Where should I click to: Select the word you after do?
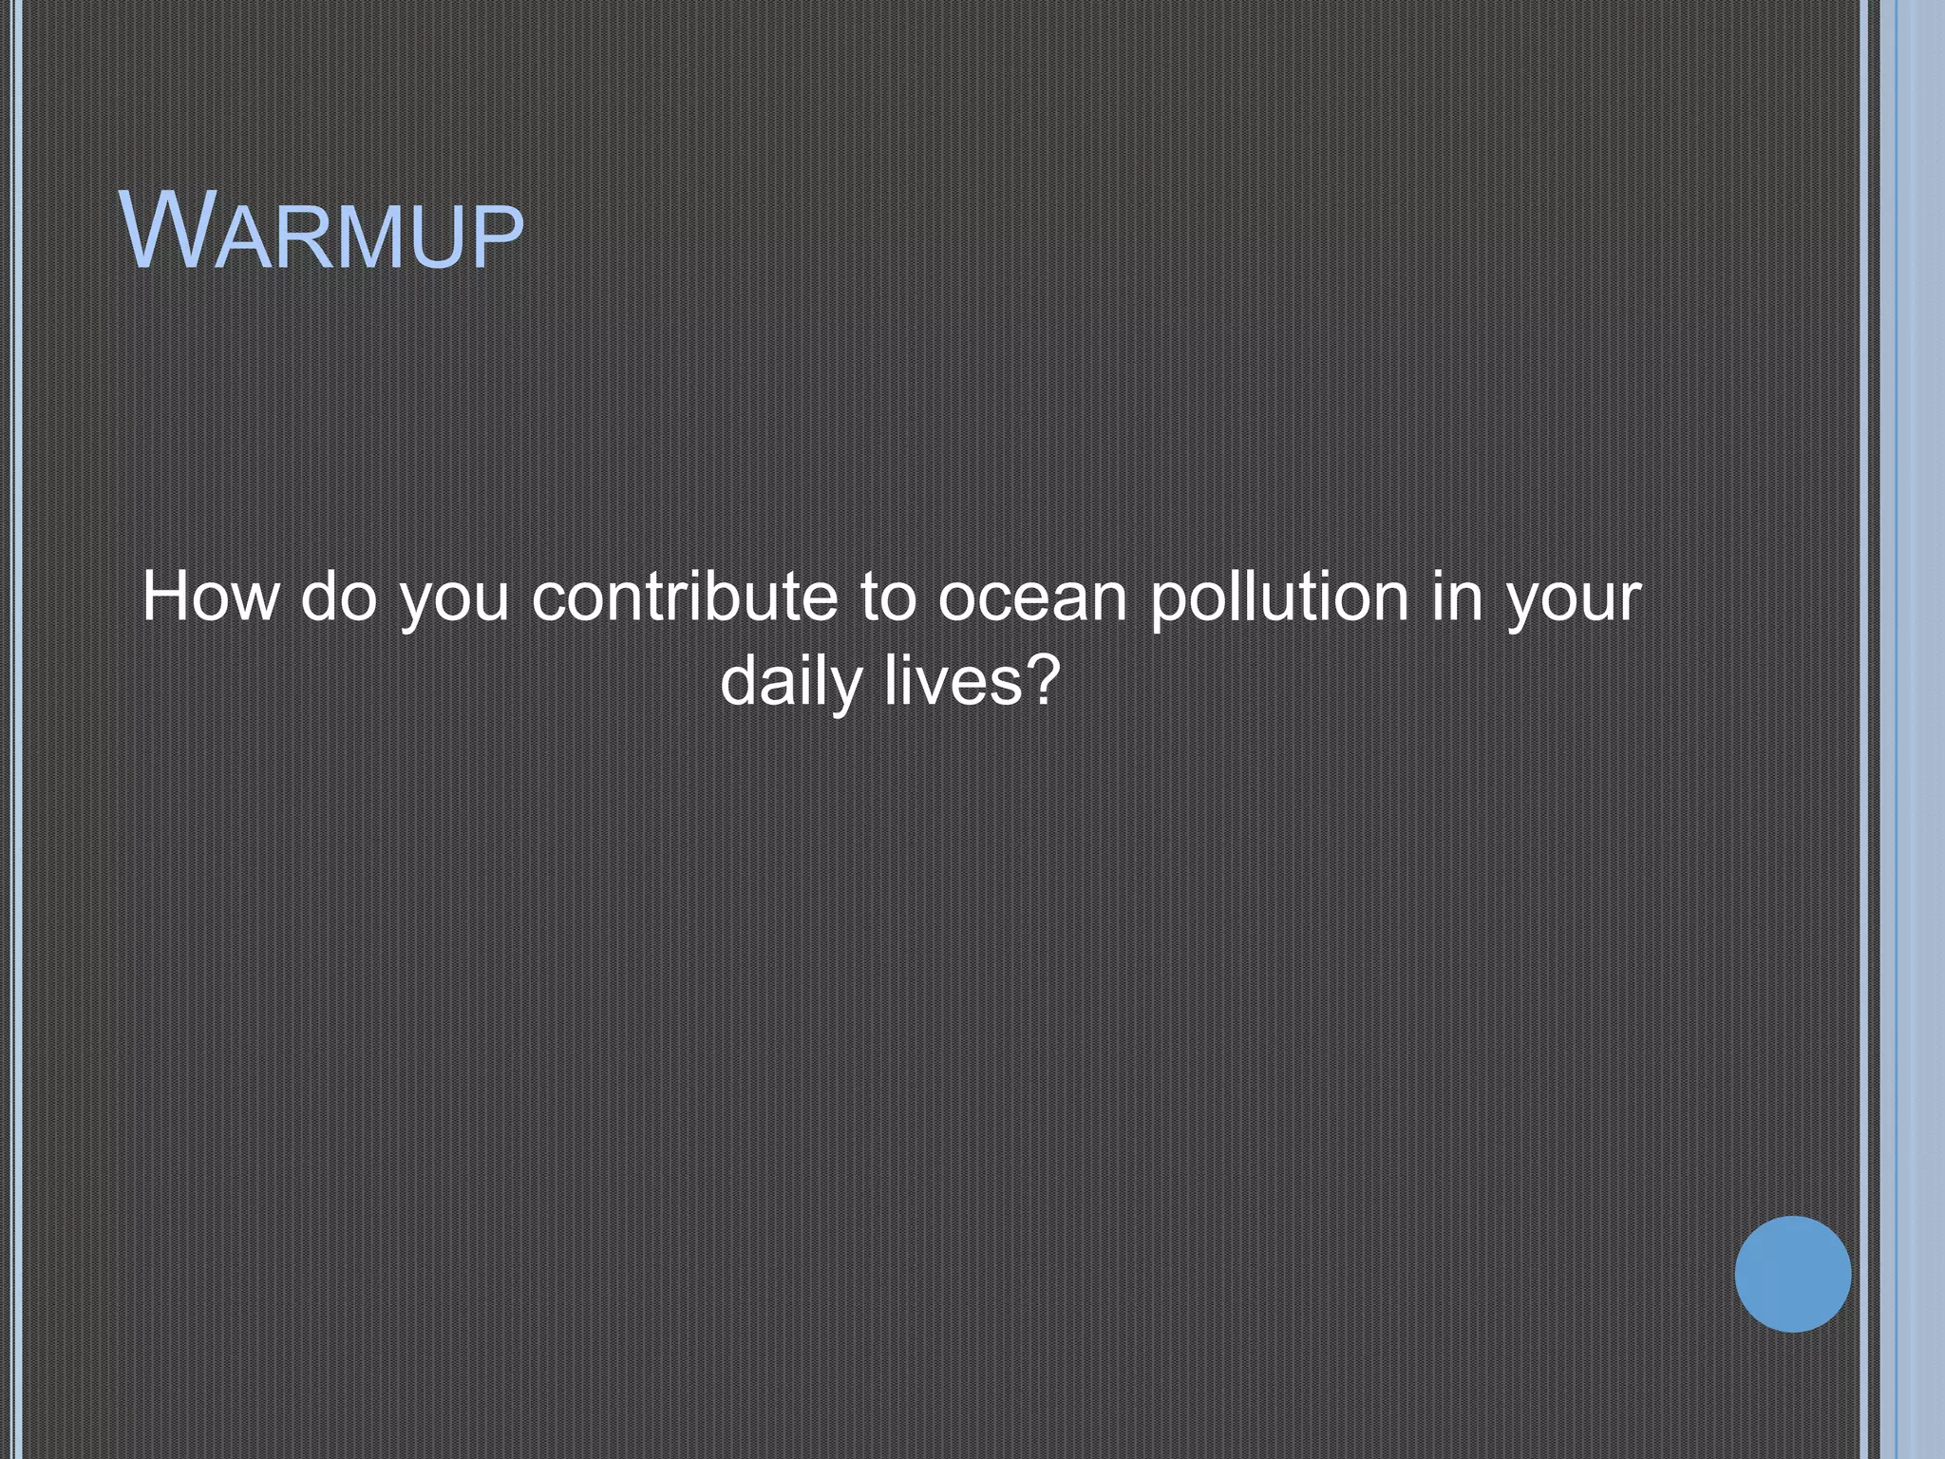(x=454, y=602)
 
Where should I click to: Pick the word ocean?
(x=1032, y=598)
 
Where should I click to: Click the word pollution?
(x=1278, y=598)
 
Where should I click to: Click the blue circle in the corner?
(x=1792, y=1274)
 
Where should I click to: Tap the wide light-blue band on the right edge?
(x=1920, y=729)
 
